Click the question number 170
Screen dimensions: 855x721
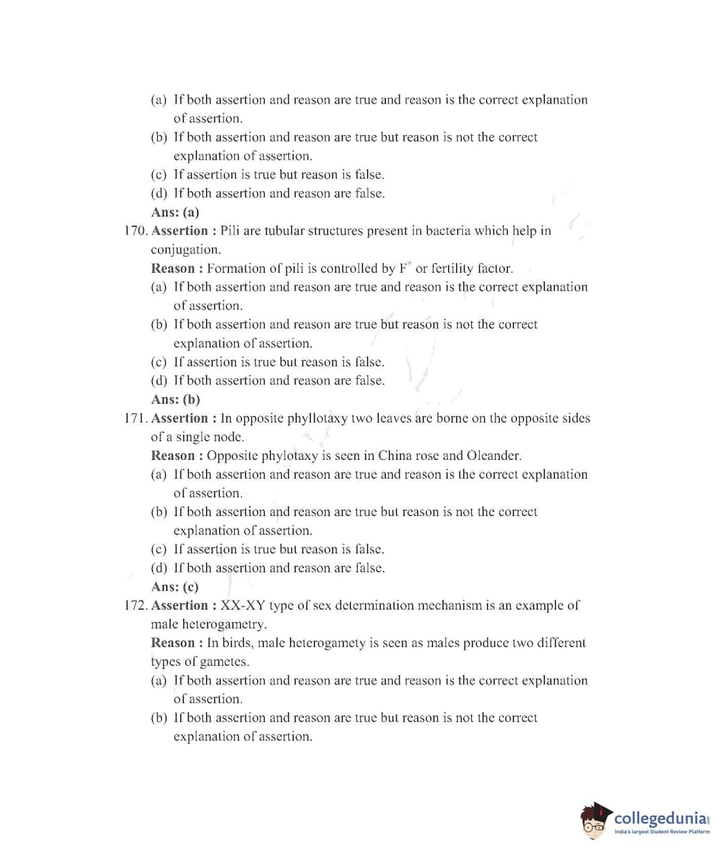pyautogui.click(x=136, y=231)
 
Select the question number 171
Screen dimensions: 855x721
pyautogui.click(x=136, y=418)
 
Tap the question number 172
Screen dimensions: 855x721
pyautogui.click(x=136, y=605)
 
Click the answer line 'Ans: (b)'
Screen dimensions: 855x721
pyautogui.click(x=175, y=399)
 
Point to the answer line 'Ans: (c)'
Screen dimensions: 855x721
pyautogui.click(x=174, y=587)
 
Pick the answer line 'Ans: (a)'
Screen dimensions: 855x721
pyautogui.click(x=174, y=212)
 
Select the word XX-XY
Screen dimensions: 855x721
pyautogui.click(x=243, y=605)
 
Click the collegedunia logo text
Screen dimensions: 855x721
pyautogui.click(x=659, y=818)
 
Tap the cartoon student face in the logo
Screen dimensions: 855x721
pyautogui.click(x=595, y=822)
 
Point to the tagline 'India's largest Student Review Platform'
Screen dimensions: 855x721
pyautogui.click(x=661, y=832)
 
